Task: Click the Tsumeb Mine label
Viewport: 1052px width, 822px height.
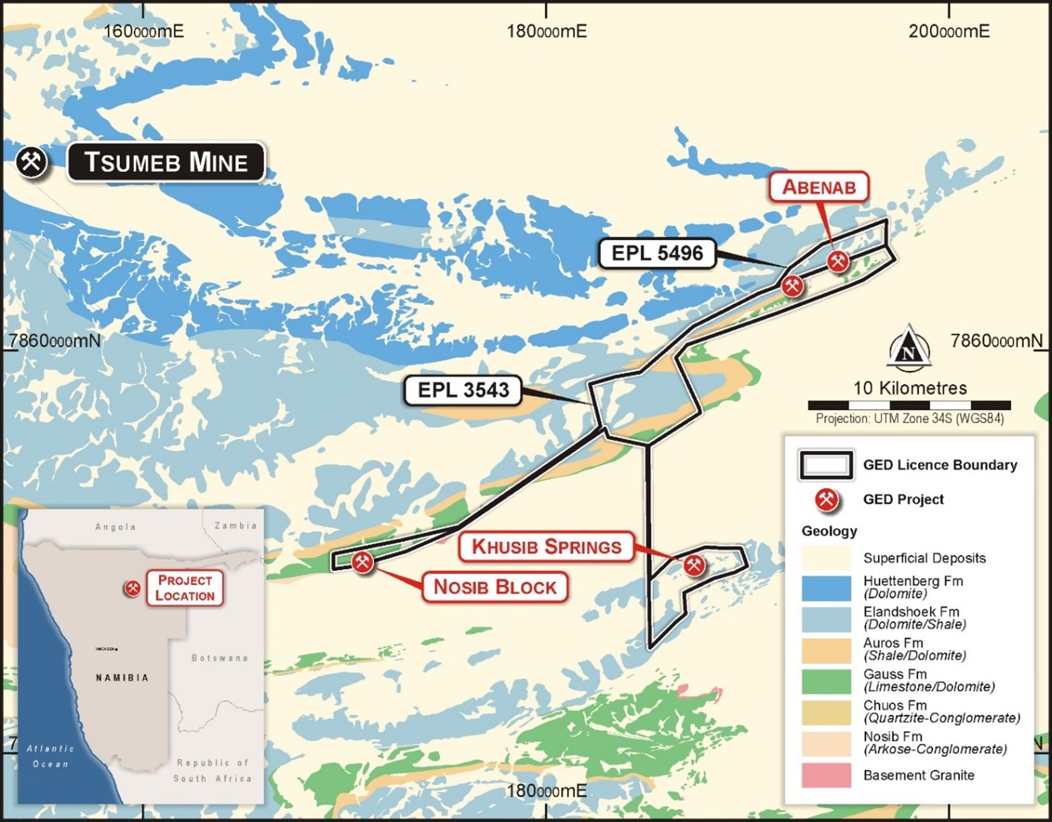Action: click(x=165, y=162)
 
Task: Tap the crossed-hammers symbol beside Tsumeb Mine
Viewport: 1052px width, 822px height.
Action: click(x=32, y=162)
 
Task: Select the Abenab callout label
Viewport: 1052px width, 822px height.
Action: click(x=819, y=187)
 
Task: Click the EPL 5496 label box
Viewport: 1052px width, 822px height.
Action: click(x=657, y=254)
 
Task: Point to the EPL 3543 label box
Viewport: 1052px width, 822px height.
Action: click(x=463, y=390)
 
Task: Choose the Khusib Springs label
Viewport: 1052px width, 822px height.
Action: click(x=546, y=547)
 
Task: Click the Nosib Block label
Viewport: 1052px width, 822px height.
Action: click(x=494, y=587)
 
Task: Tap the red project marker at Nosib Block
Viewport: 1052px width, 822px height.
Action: click(x=363, y=562)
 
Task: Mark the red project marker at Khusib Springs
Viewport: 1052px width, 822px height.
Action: click(x=694, y=565)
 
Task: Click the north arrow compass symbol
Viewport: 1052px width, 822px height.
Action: click(x=909, y=348)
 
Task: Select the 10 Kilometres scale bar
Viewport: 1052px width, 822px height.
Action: click(x=909, y=405)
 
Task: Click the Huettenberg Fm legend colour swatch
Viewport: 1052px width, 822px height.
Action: click(x=826, y=588)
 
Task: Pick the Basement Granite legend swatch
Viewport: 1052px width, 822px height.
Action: click(x=826, y=775)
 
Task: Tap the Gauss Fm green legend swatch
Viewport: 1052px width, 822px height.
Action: click(x=826, y=681)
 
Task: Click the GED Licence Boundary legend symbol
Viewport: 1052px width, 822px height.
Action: click(x=825, y=465)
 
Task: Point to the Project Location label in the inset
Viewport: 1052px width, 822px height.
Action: click(x=185, y=588)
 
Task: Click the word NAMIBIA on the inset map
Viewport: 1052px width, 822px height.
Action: click(x=122, y=678)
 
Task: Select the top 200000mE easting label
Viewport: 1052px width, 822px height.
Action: click(x=948, y=31)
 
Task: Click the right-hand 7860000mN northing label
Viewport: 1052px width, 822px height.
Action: click(x=996, y=340)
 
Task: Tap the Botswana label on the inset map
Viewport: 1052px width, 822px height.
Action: click(x=219, y=658)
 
